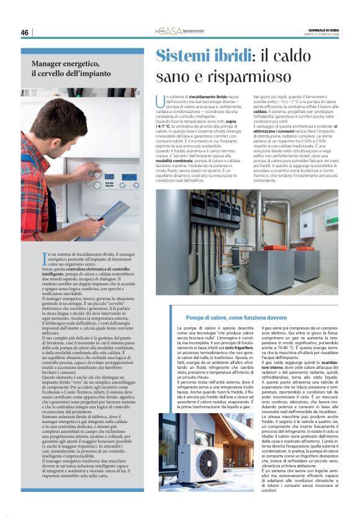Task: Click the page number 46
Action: pyautogui.click(x=25, y=32)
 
